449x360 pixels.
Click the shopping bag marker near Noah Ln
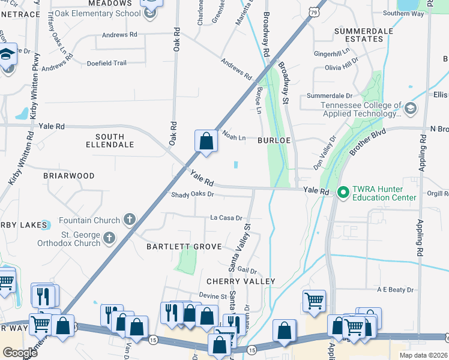coord(206,142)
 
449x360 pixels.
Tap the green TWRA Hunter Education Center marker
coord(343,192)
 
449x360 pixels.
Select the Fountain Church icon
coord(129,220)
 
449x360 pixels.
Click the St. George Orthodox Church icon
coord(109,238)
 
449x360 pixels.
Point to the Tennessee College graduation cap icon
coord(411,109)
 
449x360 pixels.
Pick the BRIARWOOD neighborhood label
coord(69,176)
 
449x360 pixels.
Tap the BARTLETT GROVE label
coord(184,247)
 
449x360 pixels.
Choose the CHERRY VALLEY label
coord(241,281)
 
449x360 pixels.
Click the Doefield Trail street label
coord(107,63)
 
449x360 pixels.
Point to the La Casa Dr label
coord(226,218)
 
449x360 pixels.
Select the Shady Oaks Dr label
coord(193,195)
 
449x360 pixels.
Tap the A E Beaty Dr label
coord(395,290)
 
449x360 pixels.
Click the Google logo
coord(20,353)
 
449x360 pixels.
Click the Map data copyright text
coord(423,355)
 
